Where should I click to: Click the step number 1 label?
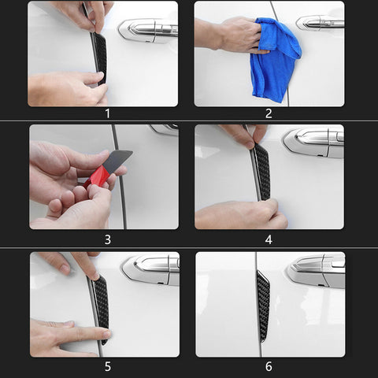[x=107, y=113]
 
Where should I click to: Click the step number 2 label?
[x=269, y=113]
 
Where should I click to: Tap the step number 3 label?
[x=108, y=239]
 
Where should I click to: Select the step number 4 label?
[x=269, y=239]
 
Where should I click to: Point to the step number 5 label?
[x=108, y=366]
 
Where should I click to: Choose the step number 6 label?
[x=269, y=366]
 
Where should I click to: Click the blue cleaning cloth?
[x=274, y=59]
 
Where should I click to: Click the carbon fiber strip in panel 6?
[x=263, y=306]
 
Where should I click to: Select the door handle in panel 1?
[x=148, y=30]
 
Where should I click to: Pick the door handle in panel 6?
[x=317, y=272]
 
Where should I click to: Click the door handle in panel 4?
[x=313, y=143]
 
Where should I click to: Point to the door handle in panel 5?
[x=151, y=270]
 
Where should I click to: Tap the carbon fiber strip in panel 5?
[x=102, y=309]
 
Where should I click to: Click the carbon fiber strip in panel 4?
[x=263, y=172]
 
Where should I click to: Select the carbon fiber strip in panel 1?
[x=101, y=57]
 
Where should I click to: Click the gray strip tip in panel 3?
[x=118, y=161]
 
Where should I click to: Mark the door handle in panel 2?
[x=321, y=23]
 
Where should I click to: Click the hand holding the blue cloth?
[x=230, y=35]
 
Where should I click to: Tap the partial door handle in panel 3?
[x=165, y=130]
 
